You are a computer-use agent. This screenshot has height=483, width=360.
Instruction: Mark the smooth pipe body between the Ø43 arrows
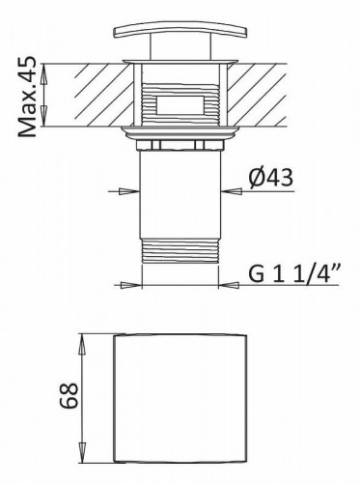click(x=180, y=193)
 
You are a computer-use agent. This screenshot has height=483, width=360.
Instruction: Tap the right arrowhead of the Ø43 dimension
click(x=232, y=189)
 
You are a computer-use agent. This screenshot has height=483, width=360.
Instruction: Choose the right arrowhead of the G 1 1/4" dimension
click(x=232, y=285)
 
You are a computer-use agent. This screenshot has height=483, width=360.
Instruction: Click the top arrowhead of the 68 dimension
click(x=83, y=339)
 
